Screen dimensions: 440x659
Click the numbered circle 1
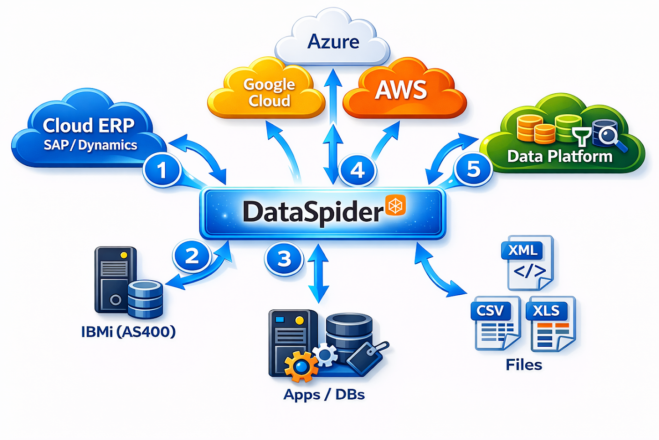pyautogui.click(x=162, y=170)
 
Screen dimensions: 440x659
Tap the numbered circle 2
pyautogui.click(x=192, y=256)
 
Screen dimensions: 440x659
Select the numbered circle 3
pyautogui.click(x=284, y=258)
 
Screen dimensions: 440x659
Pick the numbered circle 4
pyautogui.click(x=357, y=170)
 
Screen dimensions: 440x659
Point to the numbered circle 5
pyautogui.click(x=473, y=169)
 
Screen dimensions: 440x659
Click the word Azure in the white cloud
pyautogui.click(x=333, y=42)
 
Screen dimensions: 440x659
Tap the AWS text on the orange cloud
pyautogui.click(x=401, y=90)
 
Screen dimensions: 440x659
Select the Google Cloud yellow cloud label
pyautogui.click(x=269, y=92)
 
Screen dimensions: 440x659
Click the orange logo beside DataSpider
pyautogui.click(x=395, y=205)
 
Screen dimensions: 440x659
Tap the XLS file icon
pyautogui.click(x=551, y=323)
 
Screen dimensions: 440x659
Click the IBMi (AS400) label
pyautogui.click(x=128, y=332)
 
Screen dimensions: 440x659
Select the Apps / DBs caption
pyautogui.click(x=324, y=395)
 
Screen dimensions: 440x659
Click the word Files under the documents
pyautogui.click(x=524, y=365)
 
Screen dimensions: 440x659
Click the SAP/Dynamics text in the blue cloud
pyautogui.click(x=90, y=145)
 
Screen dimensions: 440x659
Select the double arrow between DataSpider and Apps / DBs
pyautogui.click(x=319, y=274)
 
